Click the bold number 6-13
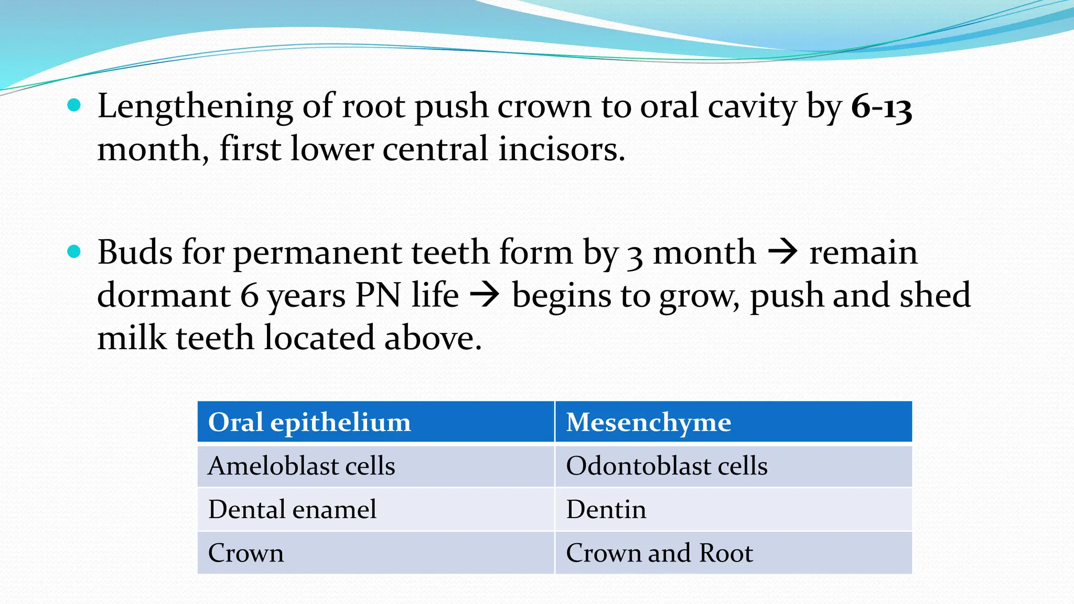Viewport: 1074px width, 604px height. [881, 107]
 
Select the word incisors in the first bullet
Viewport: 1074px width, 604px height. [561, 149]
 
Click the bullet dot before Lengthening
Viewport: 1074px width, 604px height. [74, 106]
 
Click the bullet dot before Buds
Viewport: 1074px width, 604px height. [74, 252]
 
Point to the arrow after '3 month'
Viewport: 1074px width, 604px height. [782, 253]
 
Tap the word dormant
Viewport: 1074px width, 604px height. [164, 295]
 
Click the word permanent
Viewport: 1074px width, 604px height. [317, 253]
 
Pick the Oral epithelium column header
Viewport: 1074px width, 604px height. [309, 422]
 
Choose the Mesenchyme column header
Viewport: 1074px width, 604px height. [648, 422]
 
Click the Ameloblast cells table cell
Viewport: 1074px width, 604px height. [302, 466]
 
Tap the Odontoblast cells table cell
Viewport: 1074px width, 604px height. [667, 466]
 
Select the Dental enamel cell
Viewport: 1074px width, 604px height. [292, 510]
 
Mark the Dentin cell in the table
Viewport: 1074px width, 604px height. [606, 510]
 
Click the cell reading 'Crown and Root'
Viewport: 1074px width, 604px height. [659, 553]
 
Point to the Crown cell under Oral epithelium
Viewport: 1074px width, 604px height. [246, 553]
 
